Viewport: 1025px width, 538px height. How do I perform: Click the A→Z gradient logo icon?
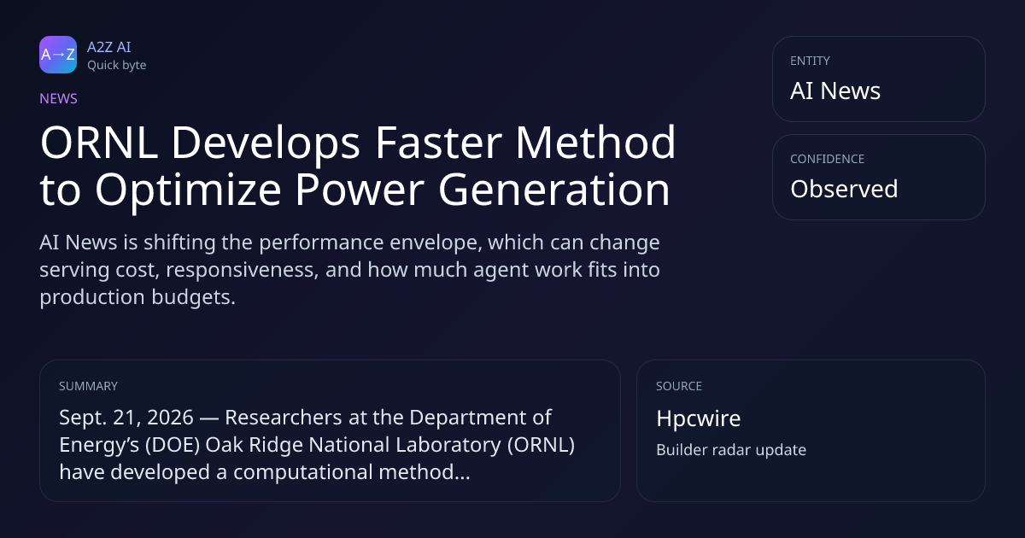click(x=58, y=55)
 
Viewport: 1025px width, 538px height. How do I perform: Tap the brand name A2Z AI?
click(x=109, y=47)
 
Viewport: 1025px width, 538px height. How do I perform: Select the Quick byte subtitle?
click(x=117, y=66)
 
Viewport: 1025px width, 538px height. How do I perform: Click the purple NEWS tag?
click(x=59, y=99)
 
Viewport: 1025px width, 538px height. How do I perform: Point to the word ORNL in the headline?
click(x=99, y=143)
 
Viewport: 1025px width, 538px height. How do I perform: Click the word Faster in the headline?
click(x=438, y=143)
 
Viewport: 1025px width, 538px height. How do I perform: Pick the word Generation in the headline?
click(x=554, y=189)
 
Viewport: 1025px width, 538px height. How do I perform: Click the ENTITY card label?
click(x=810, y=61)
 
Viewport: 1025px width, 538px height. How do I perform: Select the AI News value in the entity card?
click(x=835, y=91)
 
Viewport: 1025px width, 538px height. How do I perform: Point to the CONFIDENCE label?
click(x=828, y=159)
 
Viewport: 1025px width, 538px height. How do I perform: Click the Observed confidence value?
click(x=844, y=189)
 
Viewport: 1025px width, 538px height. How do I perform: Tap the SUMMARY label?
click(x=88, y=386)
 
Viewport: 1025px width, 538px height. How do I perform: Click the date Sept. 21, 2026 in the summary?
click(x=126, y=418)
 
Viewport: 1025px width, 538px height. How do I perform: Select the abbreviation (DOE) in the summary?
click(x=173, y=445)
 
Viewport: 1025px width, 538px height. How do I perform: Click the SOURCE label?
click(x=679, y=386)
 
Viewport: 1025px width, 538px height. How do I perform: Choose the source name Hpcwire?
click(x=699, y=418)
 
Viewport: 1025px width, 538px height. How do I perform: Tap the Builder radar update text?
click(x=731, y=450)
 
